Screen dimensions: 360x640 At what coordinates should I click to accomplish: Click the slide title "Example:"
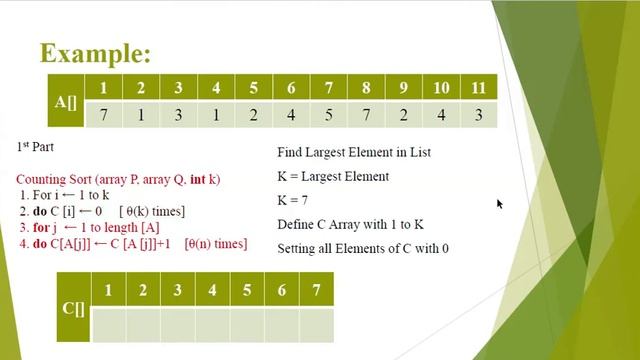tap(95, 53)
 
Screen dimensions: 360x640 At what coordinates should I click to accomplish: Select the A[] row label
tap(66, 101)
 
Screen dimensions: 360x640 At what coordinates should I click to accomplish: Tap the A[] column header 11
tap(478, 88)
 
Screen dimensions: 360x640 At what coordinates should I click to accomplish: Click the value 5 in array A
tap(328, 115)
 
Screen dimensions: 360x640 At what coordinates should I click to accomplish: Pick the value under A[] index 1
tap(103, 115)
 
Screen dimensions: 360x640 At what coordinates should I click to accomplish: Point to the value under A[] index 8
tap(366, 115)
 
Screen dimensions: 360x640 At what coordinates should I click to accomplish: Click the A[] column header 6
tap(291, 88)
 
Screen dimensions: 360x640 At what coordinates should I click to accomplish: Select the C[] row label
tap(73, 307)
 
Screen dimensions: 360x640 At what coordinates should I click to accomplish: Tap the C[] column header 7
tap(316, 291)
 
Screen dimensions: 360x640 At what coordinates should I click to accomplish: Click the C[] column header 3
tap(177, 291)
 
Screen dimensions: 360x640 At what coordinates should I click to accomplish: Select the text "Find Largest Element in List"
tap(353, 153)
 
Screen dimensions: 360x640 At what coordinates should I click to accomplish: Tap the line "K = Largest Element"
tap(332, 177)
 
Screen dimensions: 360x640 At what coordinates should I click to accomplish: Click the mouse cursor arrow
tap(499, 204)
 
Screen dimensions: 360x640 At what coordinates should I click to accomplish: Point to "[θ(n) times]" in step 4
tap(216, 244)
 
